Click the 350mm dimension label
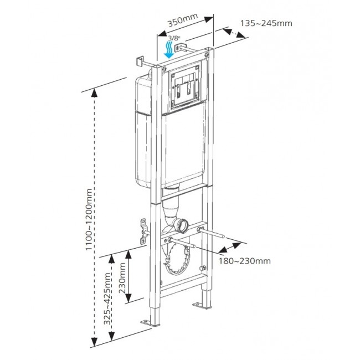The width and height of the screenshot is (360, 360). coord(182,21)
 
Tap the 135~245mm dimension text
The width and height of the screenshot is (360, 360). coord(266,23)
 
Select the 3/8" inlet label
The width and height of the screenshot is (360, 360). coord(174,38)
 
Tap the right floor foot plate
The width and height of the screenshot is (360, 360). coord(200,305)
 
